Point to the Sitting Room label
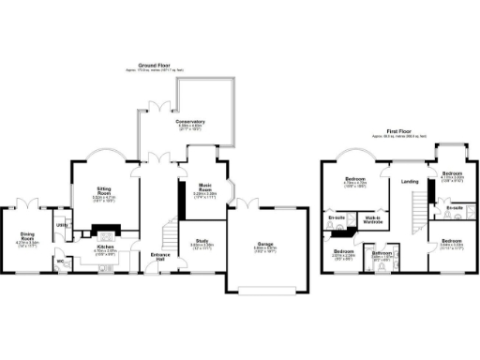(104, 194)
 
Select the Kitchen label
(103, 249)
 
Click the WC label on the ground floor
(60, 261)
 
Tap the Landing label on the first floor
(409, 181)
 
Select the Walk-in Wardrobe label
(371, 220)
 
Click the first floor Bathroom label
(382, 253)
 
